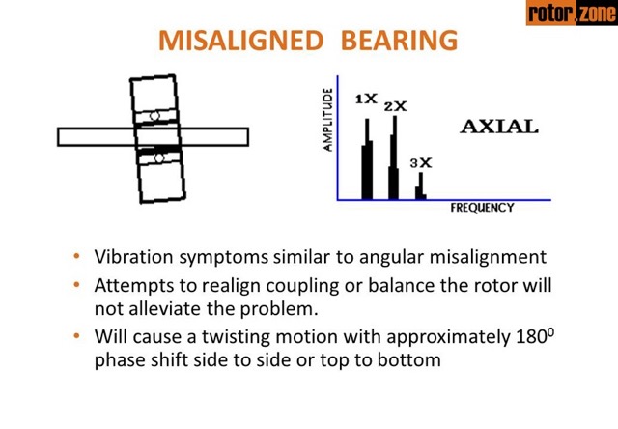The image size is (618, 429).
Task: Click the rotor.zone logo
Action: click(571, 14)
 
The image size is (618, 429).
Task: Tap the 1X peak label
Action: click(365, 99)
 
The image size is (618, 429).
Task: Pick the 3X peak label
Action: click(420, 163)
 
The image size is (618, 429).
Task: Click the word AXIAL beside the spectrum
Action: click(498, 127)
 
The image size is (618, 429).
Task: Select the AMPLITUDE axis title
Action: click(328, 120)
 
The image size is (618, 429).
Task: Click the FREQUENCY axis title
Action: click(482, 208)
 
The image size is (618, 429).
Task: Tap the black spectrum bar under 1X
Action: click(367, 159)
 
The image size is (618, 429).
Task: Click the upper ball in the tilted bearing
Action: click(154, 116)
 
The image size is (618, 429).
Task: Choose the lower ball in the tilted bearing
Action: click(158, 157)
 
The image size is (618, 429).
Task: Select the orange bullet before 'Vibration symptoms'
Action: click(77, 258)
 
